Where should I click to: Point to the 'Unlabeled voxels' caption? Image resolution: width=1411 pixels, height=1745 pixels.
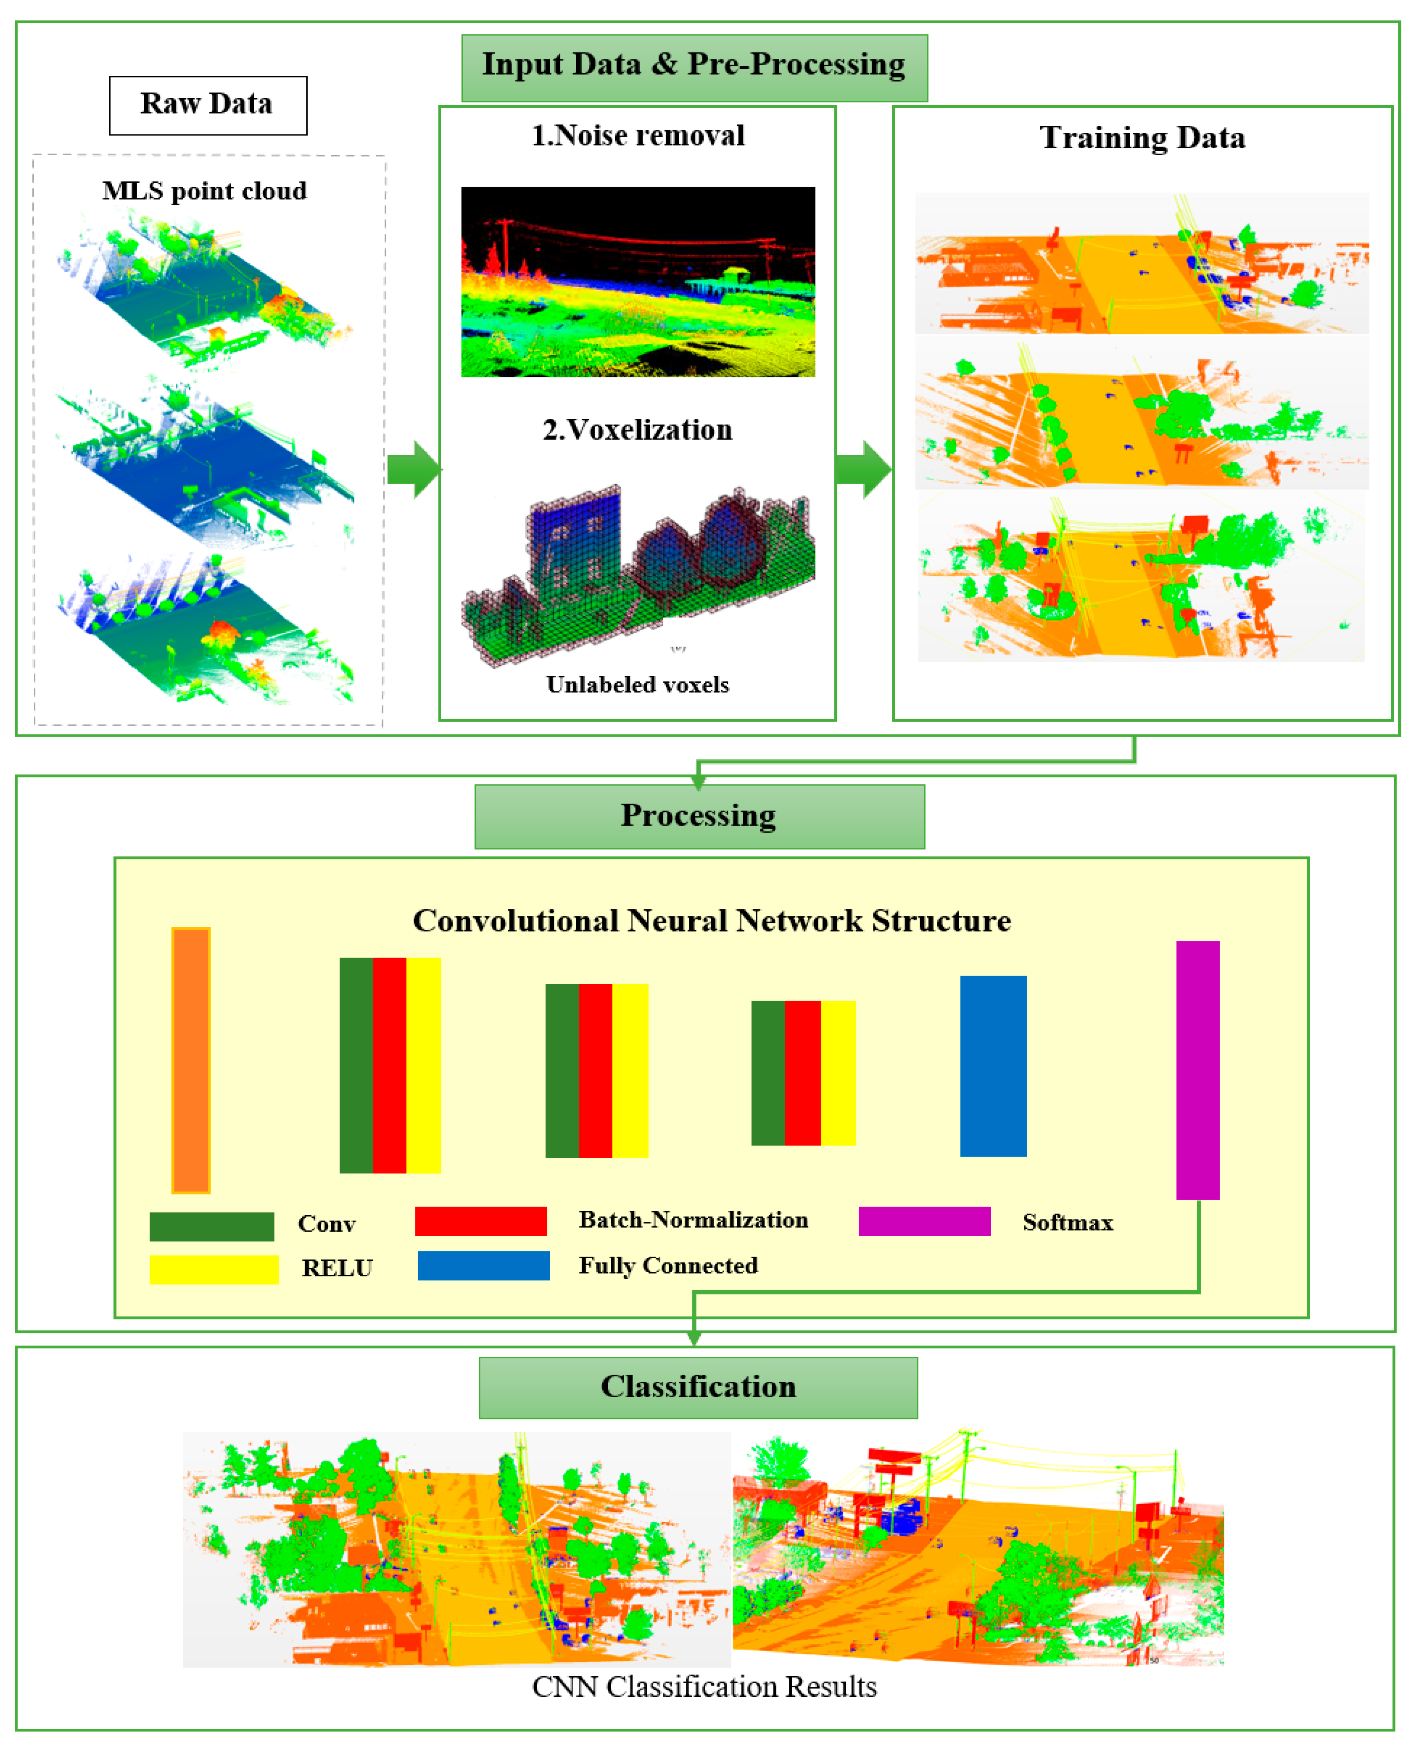click(638, 685)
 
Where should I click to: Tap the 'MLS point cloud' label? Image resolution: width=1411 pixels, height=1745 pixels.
click(205, 191)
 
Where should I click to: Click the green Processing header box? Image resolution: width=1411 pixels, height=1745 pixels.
click(699, 816)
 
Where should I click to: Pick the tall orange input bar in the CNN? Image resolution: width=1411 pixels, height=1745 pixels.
click(191, 1060)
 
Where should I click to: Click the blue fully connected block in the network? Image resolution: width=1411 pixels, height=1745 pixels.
click(993, 1065)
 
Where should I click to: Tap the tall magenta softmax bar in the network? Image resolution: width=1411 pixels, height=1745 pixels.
click(1197, 1070)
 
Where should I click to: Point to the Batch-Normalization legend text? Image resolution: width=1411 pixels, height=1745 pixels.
click(693, 1220)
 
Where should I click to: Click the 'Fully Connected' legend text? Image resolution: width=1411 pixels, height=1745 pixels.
click(668, 1266)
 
